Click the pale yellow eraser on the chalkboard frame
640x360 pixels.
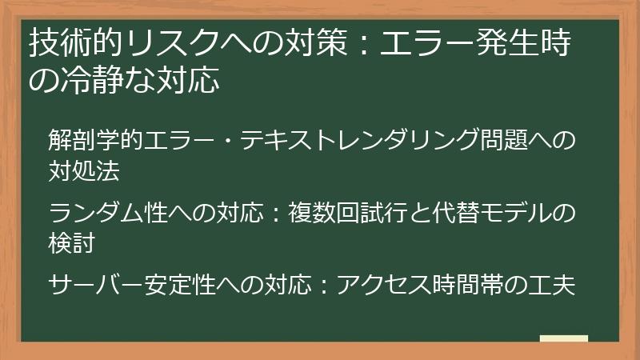point(564,339)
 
